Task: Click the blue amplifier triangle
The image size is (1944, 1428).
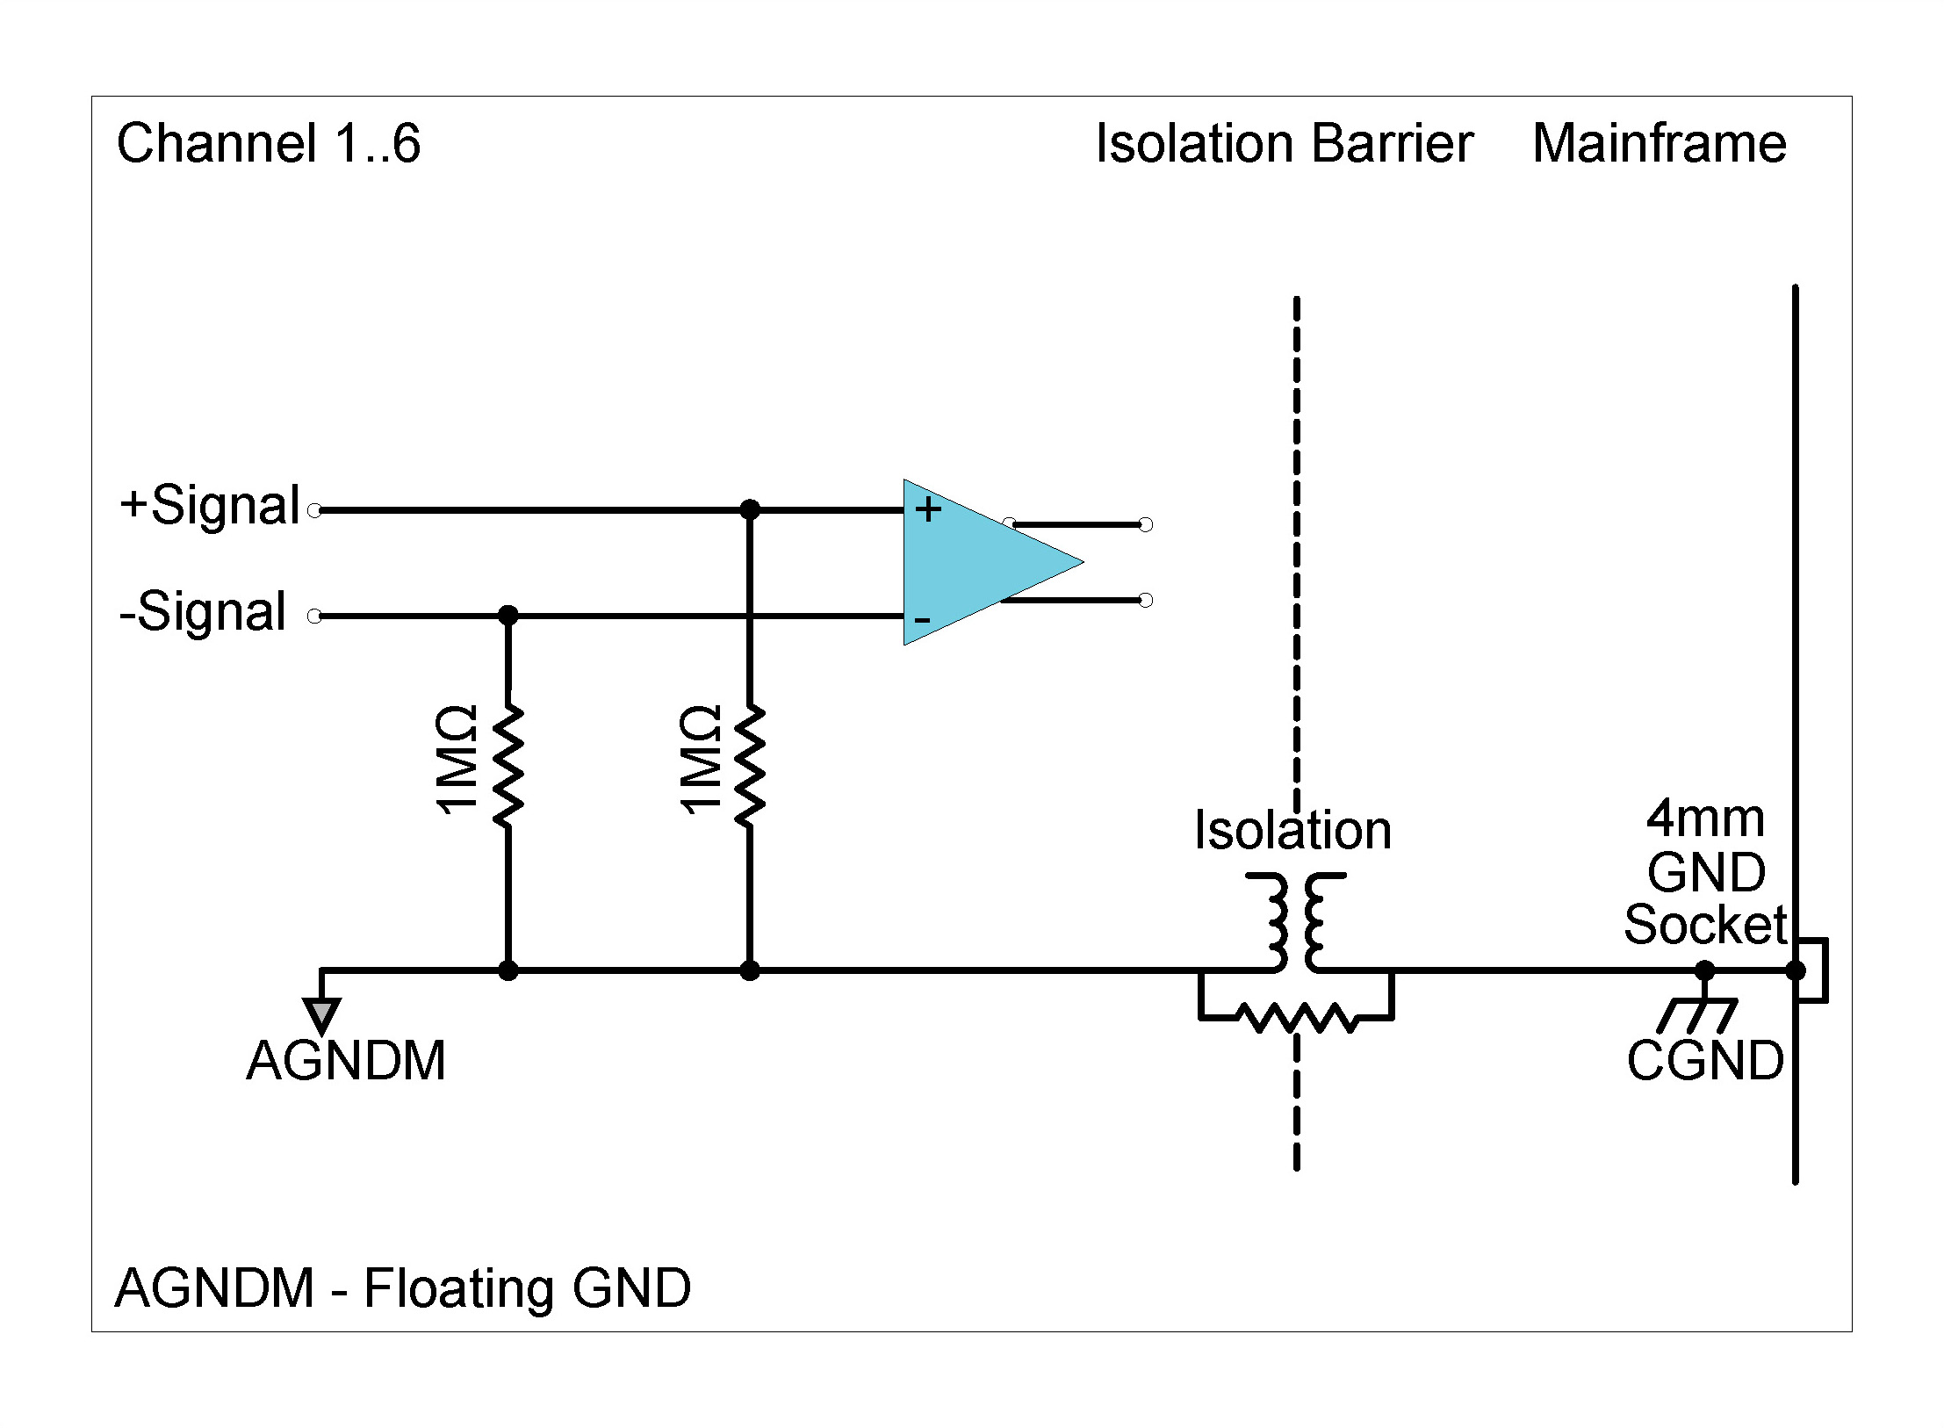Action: click(x=975, y=562)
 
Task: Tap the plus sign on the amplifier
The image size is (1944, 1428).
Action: click(x=928, y=509)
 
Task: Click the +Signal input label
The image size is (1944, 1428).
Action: click(x=210, y=507)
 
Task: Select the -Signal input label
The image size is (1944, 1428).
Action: click(x=203, y=612)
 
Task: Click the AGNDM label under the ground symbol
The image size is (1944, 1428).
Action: click(x=346, y=1061)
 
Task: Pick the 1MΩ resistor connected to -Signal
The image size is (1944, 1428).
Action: click(x=508, y=764)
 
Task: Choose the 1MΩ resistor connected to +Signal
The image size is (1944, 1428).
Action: click(x=749, y=764)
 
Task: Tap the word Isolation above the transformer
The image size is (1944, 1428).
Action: click(x=1292, y=831)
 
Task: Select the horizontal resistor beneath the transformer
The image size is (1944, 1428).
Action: click(x=1296, y=1019)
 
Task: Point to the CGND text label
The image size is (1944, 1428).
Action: click(x=1704, y=1061)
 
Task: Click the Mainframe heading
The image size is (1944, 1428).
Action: click(x=1659, y=144)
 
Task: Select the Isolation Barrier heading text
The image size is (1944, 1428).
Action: click(x=1284, y=144)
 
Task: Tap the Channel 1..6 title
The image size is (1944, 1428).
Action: click(x=269, y=144)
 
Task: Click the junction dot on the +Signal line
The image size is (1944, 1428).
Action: click(x=749, y=509)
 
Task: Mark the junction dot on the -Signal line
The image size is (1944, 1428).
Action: click(x=508, y=616)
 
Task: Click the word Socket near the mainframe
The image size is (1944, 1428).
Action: click(x=1704, y=925)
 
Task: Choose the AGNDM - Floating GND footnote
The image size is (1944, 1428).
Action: click(x=403, y=1288)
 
